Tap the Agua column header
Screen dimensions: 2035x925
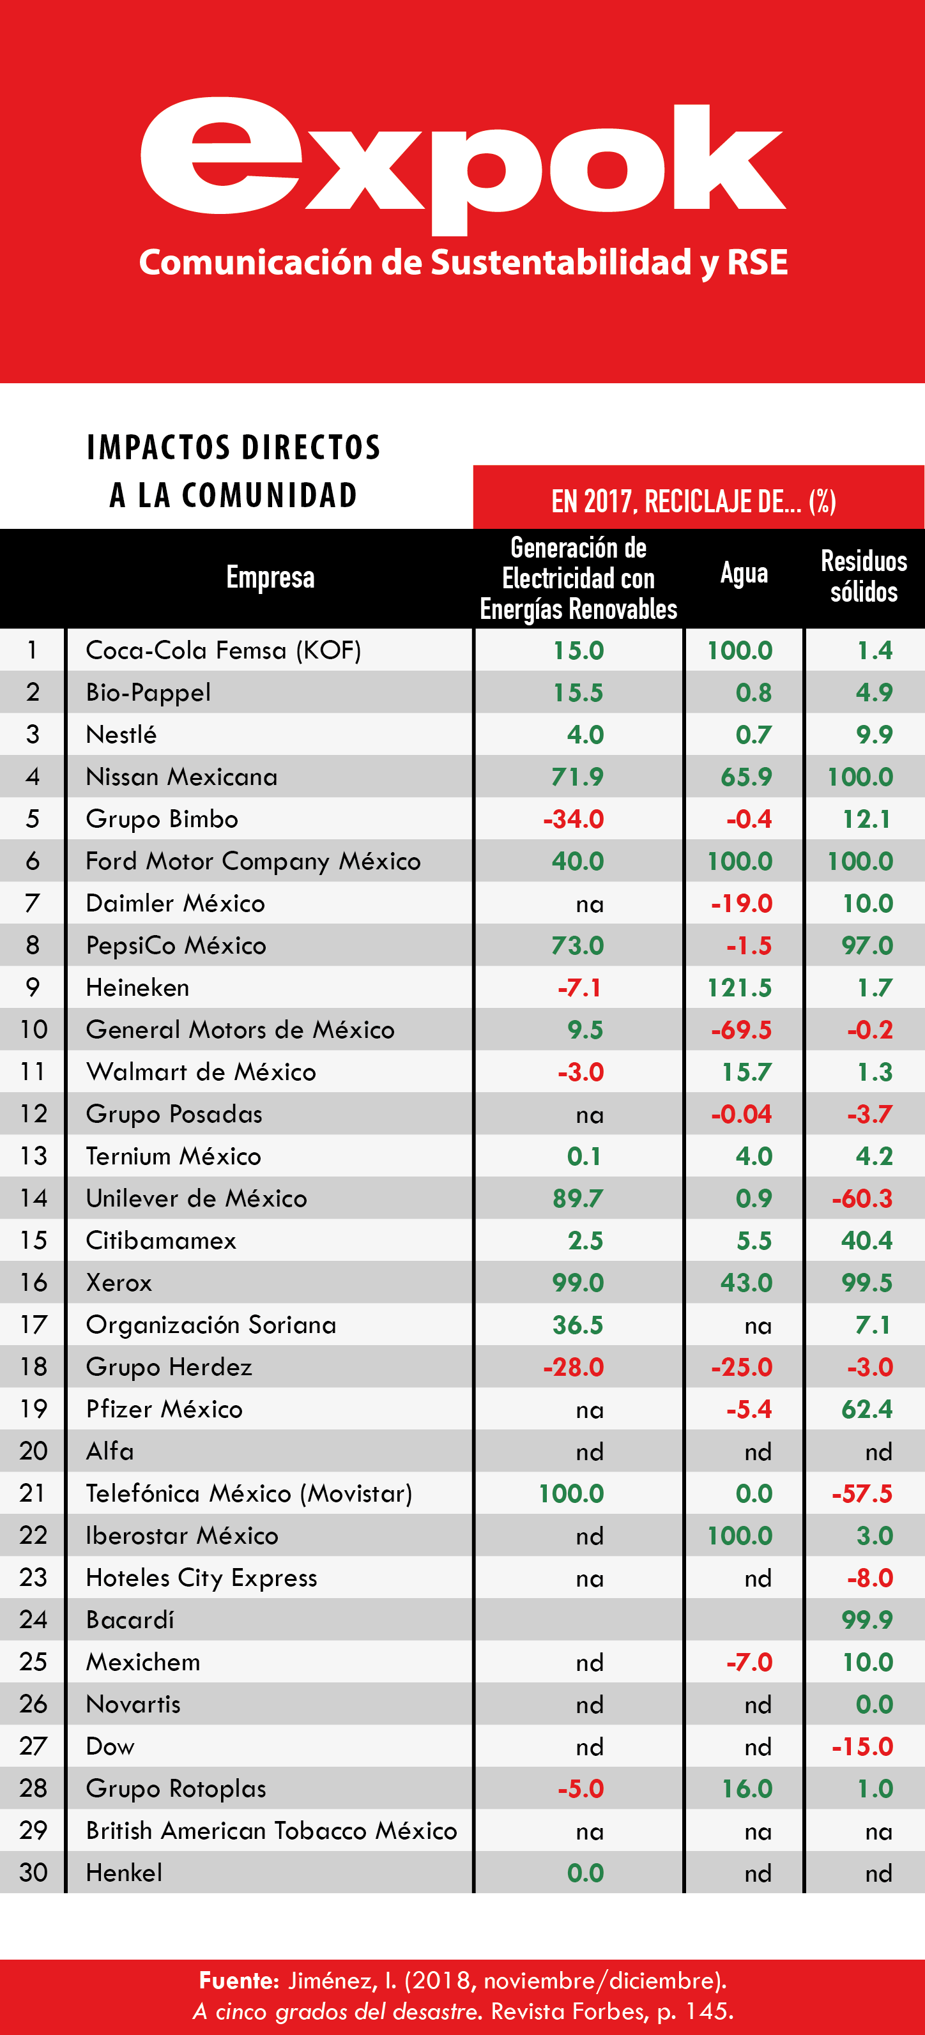pos(744,574)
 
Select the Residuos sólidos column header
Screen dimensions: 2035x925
pos(864,577)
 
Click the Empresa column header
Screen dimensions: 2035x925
pos(270,577)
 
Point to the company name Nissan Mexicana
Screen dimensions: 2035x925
pos(181,777)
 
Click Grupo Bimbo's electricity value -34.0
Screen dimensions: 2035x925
pos(574,819)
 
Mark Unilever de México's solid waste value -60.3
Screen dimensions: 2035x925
pos(862,1198)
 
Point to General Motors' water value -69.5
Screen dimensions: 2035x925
pos(741,1030)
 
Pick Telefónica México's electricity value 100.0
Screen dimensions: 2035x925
pos(571,1493)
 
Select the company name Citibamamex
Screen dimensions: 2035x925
pos(161,1240)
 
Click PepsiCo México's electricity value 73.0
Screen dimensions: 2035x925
pos(577,945)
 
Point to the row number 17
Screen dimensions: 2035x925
pos(33,1325)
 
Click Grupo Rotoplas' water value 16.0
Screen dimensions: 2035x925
pos(747,1788)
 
